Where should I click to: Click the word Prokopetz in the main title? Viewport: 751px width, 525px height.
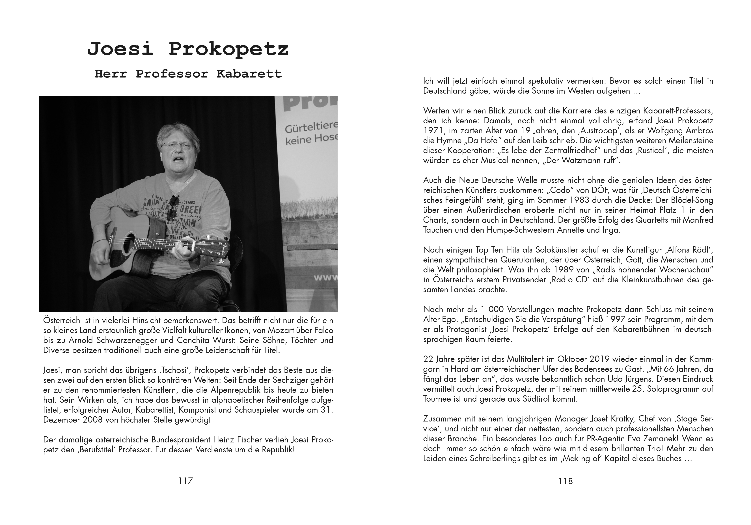[228, 49]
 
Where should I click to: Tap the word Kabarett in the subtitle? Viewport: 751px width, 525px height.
[249, 74]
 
